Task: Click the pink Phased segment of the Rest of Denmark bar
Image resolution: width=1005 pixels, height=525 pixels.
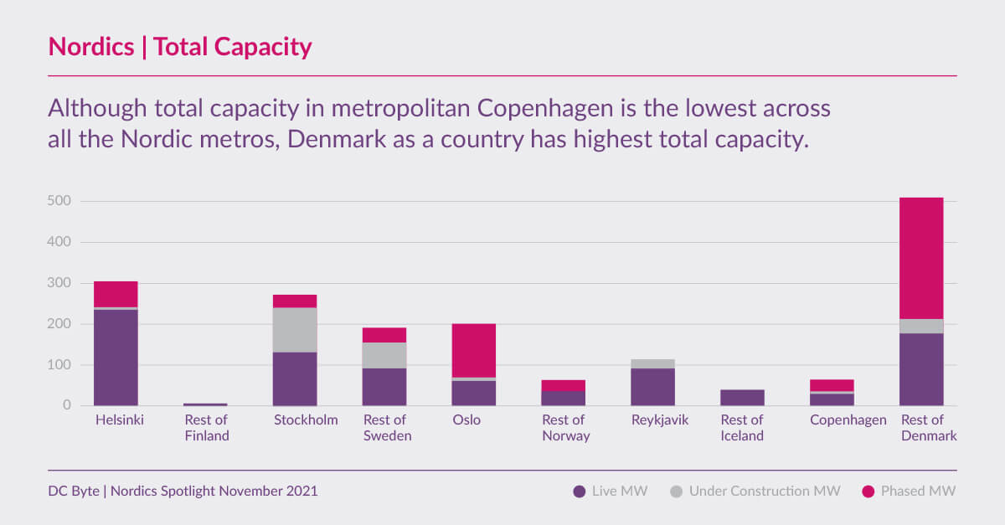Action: click(921, 258)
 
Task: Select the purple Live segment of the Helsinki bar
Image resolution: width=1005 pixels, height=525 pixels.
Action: click(116, 358)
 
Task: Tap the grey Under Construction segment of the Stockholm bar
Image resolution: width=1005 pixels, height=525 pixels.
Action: click(295, 330)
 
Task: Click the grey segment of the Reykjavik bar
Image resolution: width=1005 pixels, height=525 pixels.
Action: click(652, 363)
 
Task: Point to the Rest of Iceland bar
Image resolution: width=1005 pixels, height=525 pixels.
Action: click(742, 398)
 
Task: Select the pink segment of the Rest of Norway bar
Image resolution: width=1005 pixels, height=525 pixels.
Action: click(563, 385)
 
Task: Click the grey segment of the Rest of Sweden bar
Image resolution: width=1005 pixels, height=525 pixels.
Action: click(384, 355)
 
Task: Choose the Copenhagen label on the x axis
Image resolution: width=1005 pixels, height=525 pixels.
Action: click(848, 420)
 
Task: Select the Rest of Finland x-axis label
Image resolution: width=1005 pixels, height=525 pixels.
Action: click(206, 428)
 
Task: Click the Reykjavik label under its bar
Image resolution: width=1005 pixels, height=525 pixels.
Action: click(660, 420)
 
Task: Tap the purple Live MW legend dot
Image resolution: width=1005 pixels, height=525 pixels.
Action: click(579, 492)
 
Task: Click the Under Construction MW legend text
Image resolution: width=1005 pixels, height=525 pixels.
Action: click(764, 492)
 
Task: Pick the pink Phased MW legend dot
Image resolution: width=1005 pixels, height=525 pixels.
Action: click(868, 492)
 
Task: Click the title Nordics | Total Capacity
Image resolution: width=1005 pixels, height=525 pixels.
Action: click(180, 47)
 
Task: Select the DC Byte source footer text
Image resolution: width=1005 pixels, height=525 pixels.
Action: click(183, 492)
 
